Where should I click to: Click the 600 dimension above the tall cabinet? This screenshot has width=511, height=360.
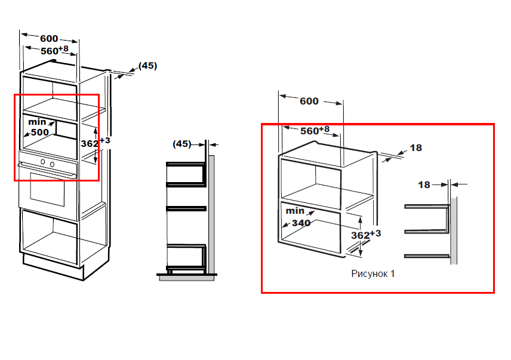click(49, 38)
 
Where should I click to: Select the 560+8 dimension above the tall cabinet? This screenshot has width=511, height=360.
click(54, 50)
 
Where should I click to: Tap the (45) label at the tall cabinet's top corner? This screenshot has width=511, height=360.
click(147, 66)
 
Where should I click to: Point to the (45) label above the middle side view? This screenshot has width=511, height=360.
click(182, 144)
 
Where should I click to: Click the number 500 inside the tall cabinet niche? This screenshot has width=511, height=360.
click(40, 133)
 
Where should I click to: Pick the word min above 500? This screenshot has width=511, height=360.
click(37, 122)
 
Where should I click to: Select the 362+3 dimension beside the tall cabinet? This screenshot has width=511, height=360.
click(96, 142)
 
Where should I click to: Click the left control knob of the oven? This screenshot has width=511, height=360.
click(43, 162)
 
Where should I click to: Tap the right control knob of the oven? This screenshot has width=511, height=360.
click(52, 164)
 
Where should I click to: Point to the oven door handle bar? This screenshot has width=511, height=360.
click(47, 171)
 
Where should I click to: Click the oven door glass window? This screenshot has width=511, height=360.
click(48, 189)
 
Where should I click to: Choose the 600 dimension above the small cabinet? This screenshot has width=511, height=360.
click(309, 101)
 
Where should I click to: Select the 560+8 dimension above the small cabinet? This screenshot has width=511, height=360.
click(315, 130)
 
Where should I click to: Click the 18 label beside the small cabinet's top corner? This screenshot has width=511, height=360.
click(416, 147)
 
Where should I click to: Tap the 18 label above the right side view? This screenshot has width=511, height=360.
click(424, 184)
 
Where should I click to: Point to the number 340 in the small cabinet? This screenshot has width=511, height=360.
click(301, 223)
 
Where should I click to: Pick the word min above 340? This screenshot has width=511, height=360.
click(295, 211)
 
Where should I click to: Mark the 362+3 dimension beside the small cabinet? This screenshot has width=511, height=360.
click(366, 235)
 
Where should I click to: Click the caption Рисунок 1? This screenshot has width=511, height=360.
click(373, 273)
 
